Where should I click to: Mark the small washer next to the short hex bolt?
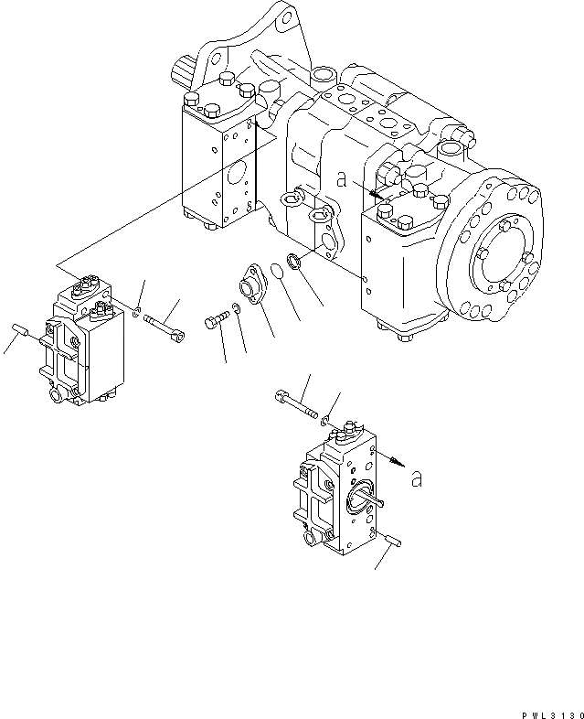(x=236, y=308)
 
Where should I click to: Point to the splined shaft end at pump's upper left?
(x=183, y=70)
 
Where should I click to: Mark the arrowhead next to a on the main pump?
(x=377, y=194)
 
